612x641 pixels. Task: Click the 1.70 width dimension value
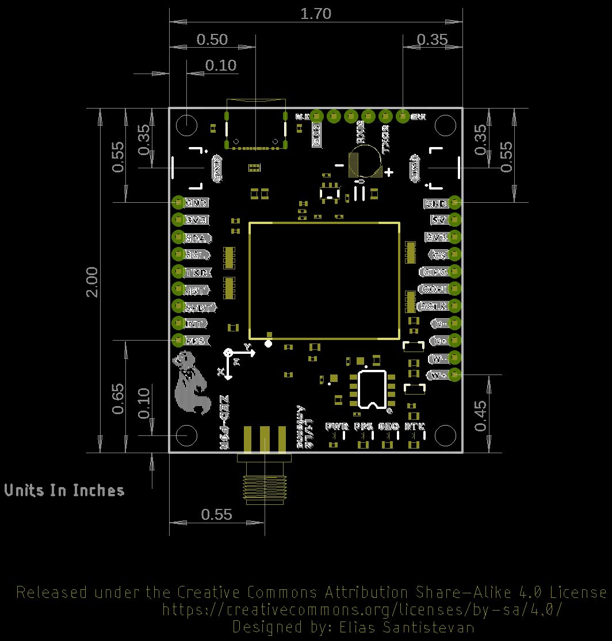coord(316,14)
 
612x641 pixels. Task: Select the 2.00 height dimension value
coord(92,281)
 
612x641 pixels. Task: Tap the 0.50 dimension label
coord(212,40)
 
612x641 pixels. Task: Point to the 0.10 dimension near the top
coord(221,65)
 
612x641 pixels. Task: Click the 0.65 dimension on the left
coord(117,399)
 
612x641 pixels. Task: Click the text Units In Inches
coord(64,491)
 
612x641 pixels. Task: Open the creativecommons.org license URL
coord(362,609)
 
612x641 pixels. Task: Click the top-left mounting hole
coord(186,125)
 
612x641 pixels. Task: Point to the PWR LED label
coord(336,427)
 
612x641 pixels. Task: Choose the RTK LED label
coord(415,427)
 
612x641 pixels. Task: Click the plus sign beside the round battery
coord(389,172)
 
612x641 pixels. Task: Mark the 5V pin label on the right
coord(439,220)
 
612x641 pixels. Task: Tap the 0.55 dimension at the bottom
coord(217,515)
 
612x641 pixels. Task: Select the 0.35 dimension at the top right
coord(431,40)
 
